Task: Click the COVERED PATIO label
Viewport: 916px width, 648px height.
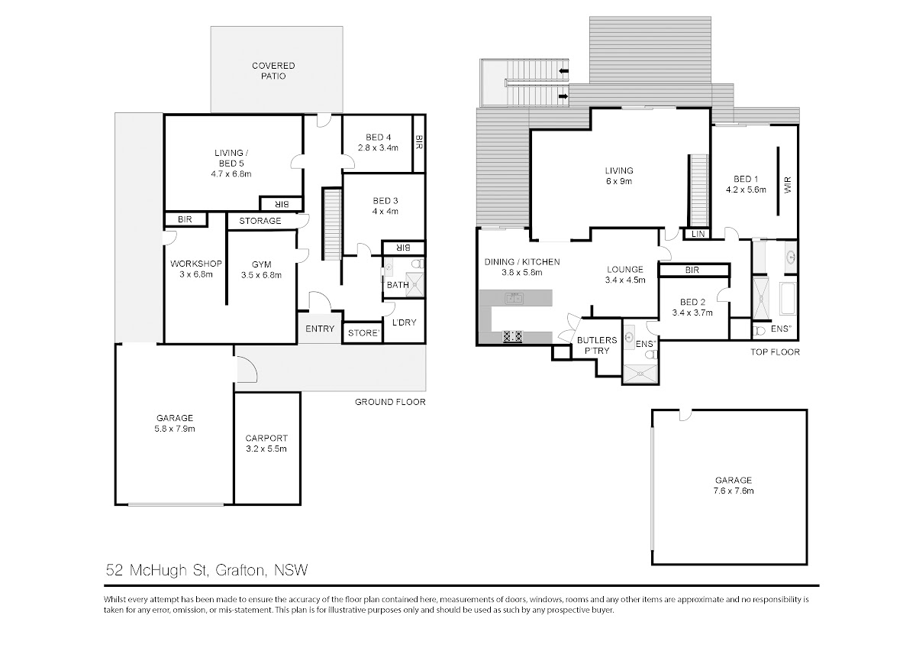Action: pos(273,71)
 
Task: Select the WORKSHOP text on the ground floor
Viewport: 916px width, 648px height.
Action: pos(196,264)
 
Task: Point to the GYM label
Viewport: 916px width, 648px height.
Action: pos(261,264)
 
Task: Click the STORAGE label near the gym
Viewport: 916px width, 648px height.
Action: pos(260,221)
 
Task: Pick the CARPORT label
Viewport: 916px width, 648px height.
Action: pos(266,438)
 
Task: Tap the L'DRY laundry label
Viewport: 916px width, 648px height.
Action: pos(404,322)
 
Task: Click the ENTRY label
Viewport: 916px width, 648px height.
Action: pos(320,329)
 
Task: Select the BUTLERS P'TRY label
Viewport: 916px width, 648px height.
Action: pos(597,345)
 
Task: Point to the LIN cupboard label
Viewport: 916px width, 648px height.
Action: pos(698,234)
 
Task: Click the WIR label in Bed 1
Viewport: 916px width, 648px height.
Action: pos(788,185)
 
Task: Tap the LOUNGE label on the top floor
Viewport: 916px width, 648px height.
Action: pos(625,269)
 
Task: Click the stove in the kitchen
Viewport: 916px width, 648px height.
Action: pos(512,336)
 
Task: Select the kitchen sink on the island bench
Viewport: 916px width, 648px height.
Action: pos(514,298)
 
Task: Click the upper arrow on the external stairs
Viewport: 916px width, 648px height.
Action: pos(564,71)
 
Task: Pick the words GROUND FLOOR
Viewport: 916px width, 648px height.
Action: pos(390,402)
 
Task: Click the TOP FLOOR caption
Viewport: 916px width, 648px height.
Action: pos(775,352)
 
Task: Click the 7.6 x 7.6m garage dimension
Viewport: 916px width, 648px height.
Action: pos(734,491)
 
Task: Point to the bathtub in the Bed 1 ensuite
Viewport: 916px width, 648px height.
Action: pos(787,297)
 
